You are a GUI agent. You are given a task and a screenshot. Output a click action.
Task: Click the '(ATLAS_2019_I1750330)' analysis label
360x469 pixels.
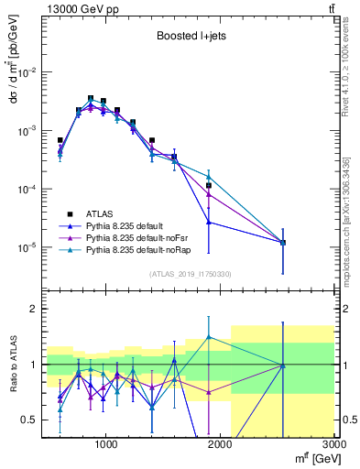(189, 273)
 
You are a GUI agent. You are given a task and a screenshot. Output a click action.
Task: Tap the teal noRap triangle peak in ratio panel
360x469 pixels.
(209, 337)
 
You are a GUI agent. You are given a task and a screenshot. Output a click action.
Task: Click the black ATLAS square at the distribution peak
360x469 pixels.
(91, 98)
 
